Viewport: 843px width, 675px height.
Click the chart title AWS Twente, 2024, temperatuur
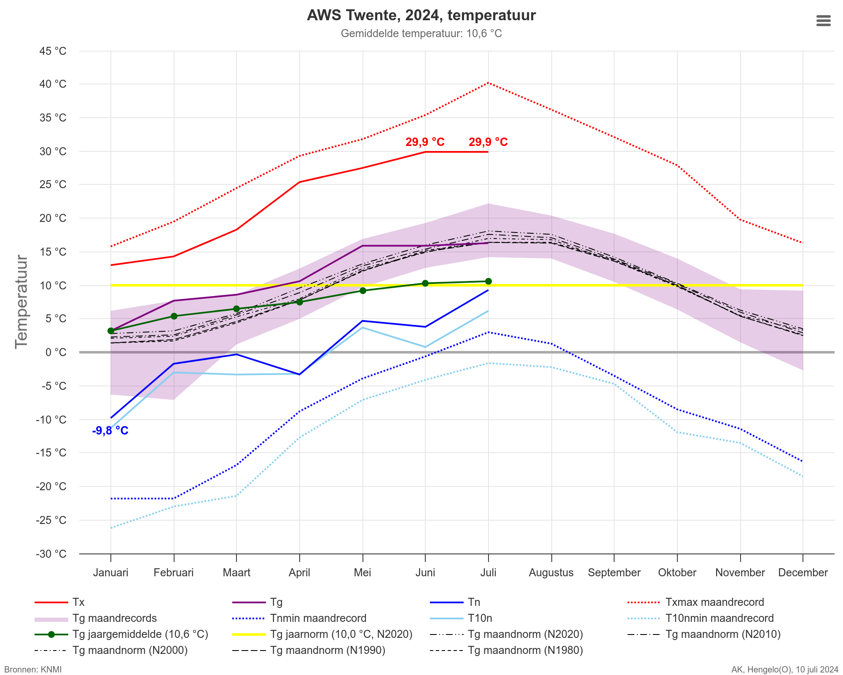tap(421, 16)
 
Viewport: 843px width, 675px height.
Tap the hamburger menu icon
tap(823, 21)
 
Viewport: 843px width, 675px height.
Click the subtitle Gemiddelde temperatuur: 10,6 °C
tap(421, 33)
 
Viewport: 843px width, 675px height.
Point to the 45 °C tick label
tap(53, 51)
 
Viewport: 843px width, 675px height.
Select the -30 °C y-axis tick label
tap(53, 553)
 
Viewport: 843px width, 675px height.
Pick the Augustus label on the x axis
tap(551, 572)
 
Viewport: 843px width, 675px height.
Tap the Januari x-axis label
tap(110, 572)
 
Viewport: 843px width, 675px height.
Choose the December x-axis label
tap(803, 572)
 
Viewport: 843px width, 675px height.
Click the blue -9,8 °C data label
tap(110, 431)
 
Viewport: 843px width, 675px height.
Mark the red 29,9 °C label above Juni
tap(425, 142)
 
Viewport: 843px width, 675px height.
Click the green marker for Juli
tap(488, 281)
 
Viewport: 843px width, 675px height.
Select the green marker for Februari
tap(174, 316)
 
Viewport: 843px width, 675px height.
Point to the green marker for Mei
tap(362, 291)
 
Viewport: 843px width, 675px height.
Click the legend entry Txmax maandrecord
tap(714, 602)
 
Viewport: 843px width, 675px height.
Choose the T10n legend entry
tap(480, 618)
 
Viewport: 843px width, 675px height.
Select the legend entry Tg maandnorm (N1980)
tap(525, 650)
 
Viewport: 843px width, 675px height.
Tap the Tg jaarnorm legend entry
tap(341, 634)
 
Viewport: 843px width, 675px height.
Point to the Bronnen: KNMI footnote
tap(33, 670)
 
